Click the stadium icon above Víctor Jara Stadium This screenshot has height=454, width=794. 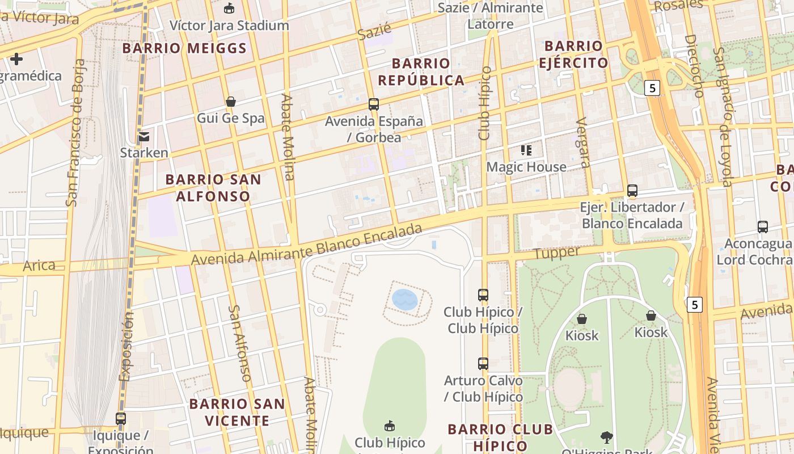tap(229, 8)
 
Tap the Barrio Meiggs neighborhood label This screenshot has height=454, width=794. tap(184, 48)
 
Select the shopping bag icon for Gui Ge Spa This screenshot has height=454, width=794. tap(231, 102)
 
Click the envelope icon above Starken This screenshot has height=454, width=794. tap(144, 136)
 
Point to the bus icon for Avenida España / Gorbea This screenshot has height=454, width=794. tap(374, 104)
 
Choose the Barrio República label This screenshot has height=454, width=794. tap(421, 72)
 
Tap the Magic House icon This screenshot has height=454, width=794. tap(526, 150)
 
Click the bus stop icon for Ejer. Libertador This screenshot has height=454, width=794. tap(632, 191)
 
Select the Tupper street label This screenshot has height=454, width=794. tap(557, 253)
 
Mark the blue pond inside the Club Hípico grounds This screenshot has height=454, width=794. tap(405, 299)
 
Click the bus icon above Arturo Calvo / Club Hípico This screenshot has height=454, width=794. tap(483, 364)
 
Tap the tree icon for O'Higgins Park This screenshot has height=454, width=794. tap(607, 437)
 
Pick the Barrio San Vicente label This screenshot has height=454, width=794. tap(237, 412)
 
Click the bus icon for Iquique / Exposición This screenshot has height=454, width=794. tap(121, 419)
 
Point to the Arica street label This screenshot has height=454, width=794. tap(39, 265)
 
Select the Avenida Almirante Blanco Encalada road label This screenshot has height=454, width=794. tap(307, 245)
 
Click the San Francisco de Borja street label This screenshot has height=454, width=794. tap(75, 132)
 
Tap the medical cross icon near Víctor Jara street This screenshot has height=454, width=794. tap(16, 58)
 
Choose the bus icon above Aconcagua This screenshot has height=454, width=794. tap(763, 227)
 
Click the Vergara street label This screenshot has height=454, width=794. tap(582, 142)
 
